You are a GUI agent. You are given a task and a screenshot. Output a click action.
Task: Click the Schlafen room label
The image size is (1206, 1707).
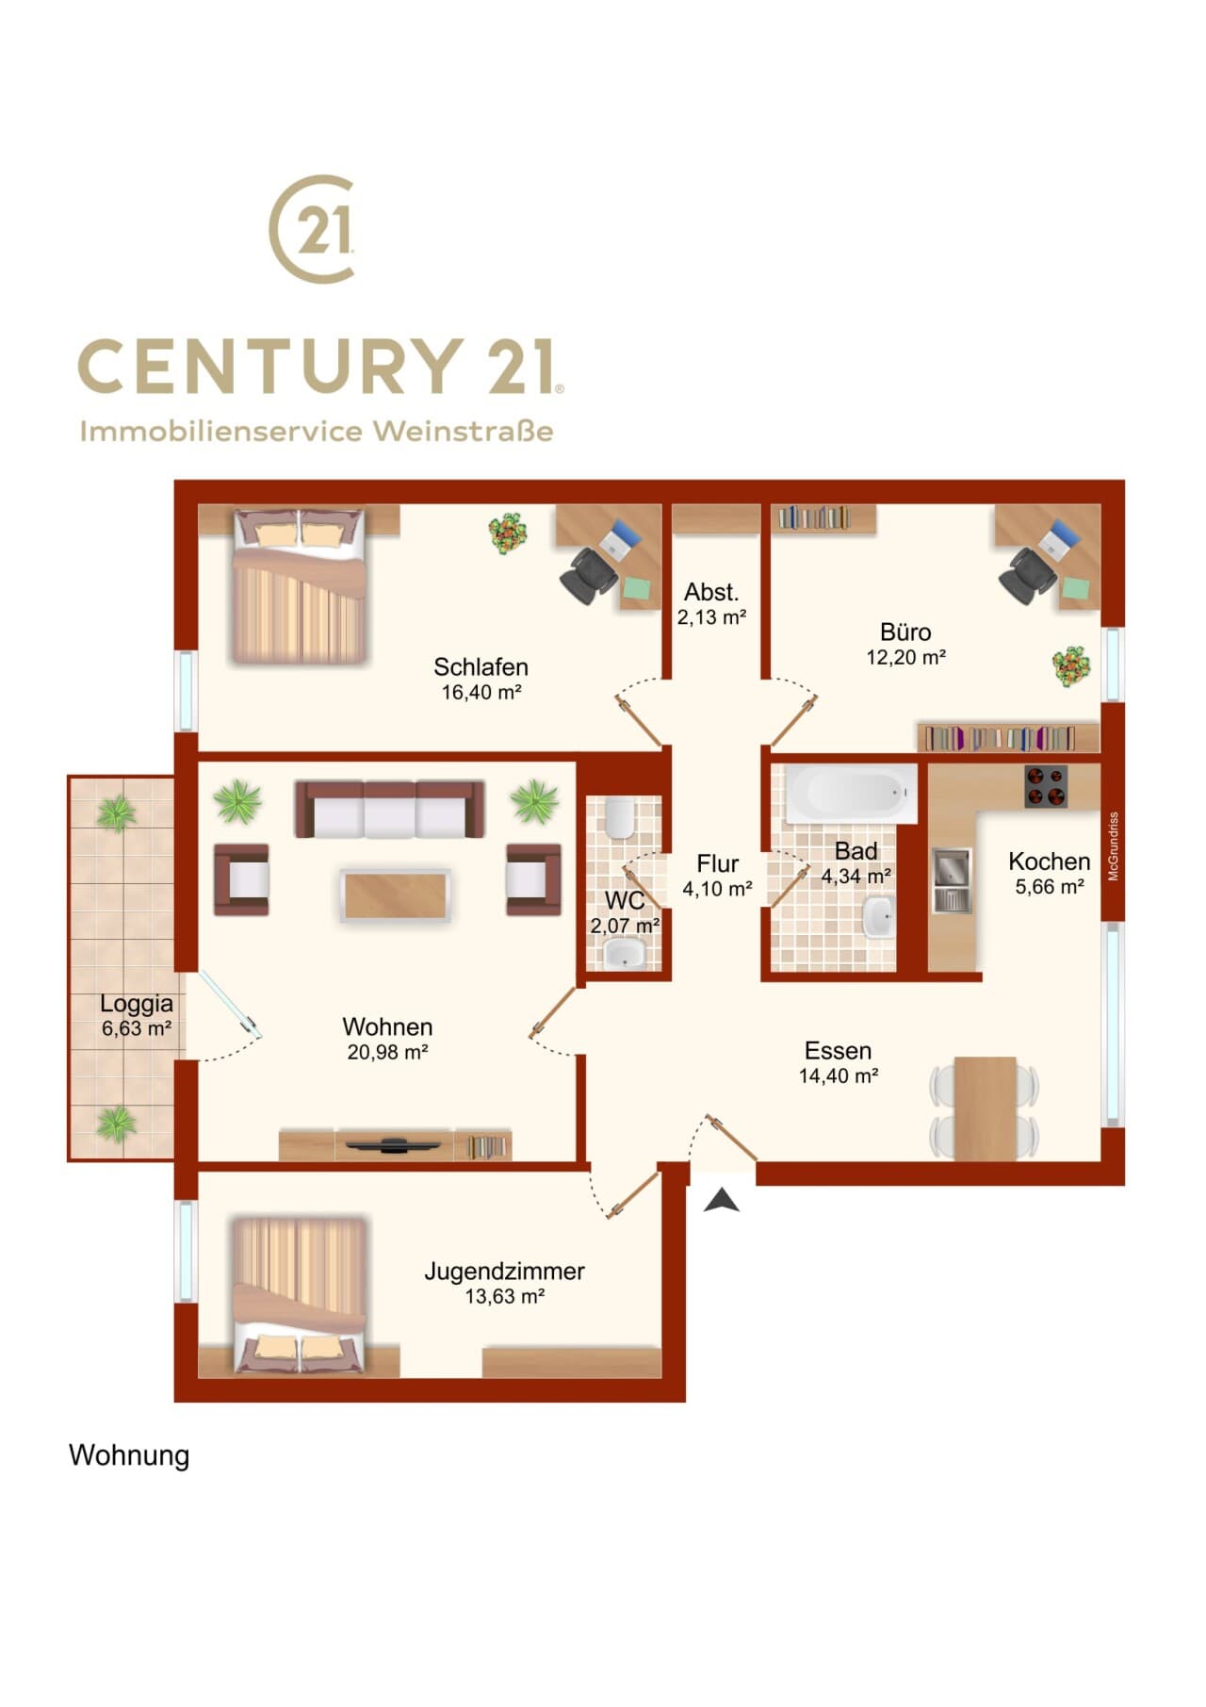(481, 667)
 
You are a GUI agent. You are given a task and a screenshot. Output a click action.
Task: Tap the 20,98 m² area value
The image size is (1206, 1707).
(388, 1052)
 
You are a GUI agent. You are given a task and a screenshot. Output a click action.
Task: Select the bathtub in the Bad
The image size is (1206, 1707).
(851, 794)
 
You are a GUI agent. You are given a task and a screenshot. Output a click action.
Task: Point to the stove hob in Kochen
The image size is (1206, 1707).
(1046, 786)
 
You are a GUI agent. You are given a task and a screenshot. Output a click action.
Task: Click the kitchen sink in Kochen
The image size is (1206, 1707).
(952, 880)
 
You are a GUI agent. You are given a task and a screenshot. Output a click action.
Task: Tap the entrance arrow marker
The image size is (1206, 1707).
(722, 1199)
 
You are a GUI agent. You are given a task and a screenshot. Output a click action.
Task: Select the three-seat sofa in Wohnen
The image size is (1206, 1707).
(390, 810)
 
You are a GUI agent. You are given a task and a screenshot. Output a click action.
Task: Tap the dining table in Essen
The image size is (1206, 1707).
(985, 1108)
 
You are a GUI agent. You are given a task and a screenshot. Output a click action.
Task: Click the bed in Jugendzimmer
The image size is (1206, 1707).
(300, 1295)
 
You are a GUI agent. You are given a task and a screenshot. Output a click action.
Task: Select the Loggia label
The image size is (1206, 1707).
(137, 1004)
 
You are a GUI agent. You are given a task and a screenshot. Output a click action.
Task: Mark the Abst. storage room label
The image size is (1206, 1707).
(711, 592)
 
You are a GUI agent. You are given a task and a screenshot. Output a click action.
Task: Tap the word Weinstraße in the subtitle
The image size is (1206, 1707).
(463, 431)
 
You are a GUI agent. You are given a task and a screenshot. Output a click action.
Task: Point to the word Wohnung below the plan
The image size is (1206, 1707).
(129, 1456)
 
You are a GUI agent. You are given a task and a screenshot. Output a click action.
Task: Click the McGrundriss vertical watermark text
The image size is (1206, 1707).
(1114, 846)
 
